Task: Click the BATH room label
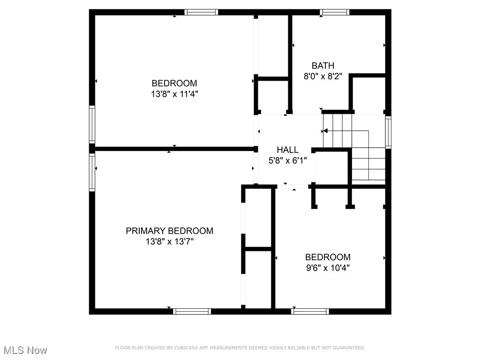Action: point(322,66)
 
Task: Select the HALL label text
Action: point(287,150)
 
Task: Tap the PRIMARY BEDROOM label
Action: point(169,231)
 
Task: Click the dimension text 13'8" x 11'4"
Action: point(174,94)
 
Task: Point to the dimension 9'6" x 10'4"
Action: point(328,268)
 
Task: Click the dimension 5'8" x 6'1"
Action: point(287,160)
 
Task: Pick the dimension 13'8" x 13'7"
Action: point(169,242)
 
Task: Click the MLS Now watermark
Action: point(25,350)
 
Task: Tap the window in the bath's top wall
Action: point(334,12)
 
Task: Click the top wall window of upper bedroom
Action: point(201,12)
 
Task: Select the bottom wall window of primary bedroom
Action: point(192,311)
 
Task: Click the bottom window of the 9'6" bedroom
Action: point(310,311)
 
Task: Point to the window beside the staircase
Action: point(388,133)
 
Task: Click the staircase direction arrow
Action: point(325,131)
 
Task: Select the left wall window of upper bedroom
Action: point(92,124)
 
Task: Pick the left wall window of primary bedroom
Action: point(92,172)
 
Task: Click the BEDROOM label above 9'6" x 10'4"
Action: point(328,257)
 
